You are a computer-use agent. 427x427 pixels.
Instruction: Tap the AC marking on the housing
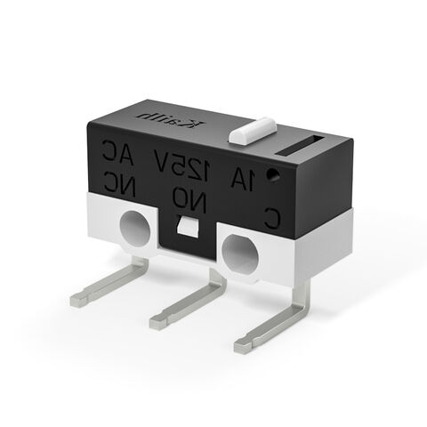point(117,153)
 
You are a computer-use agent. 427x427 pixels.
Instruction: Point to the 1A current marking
point(242,181)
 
